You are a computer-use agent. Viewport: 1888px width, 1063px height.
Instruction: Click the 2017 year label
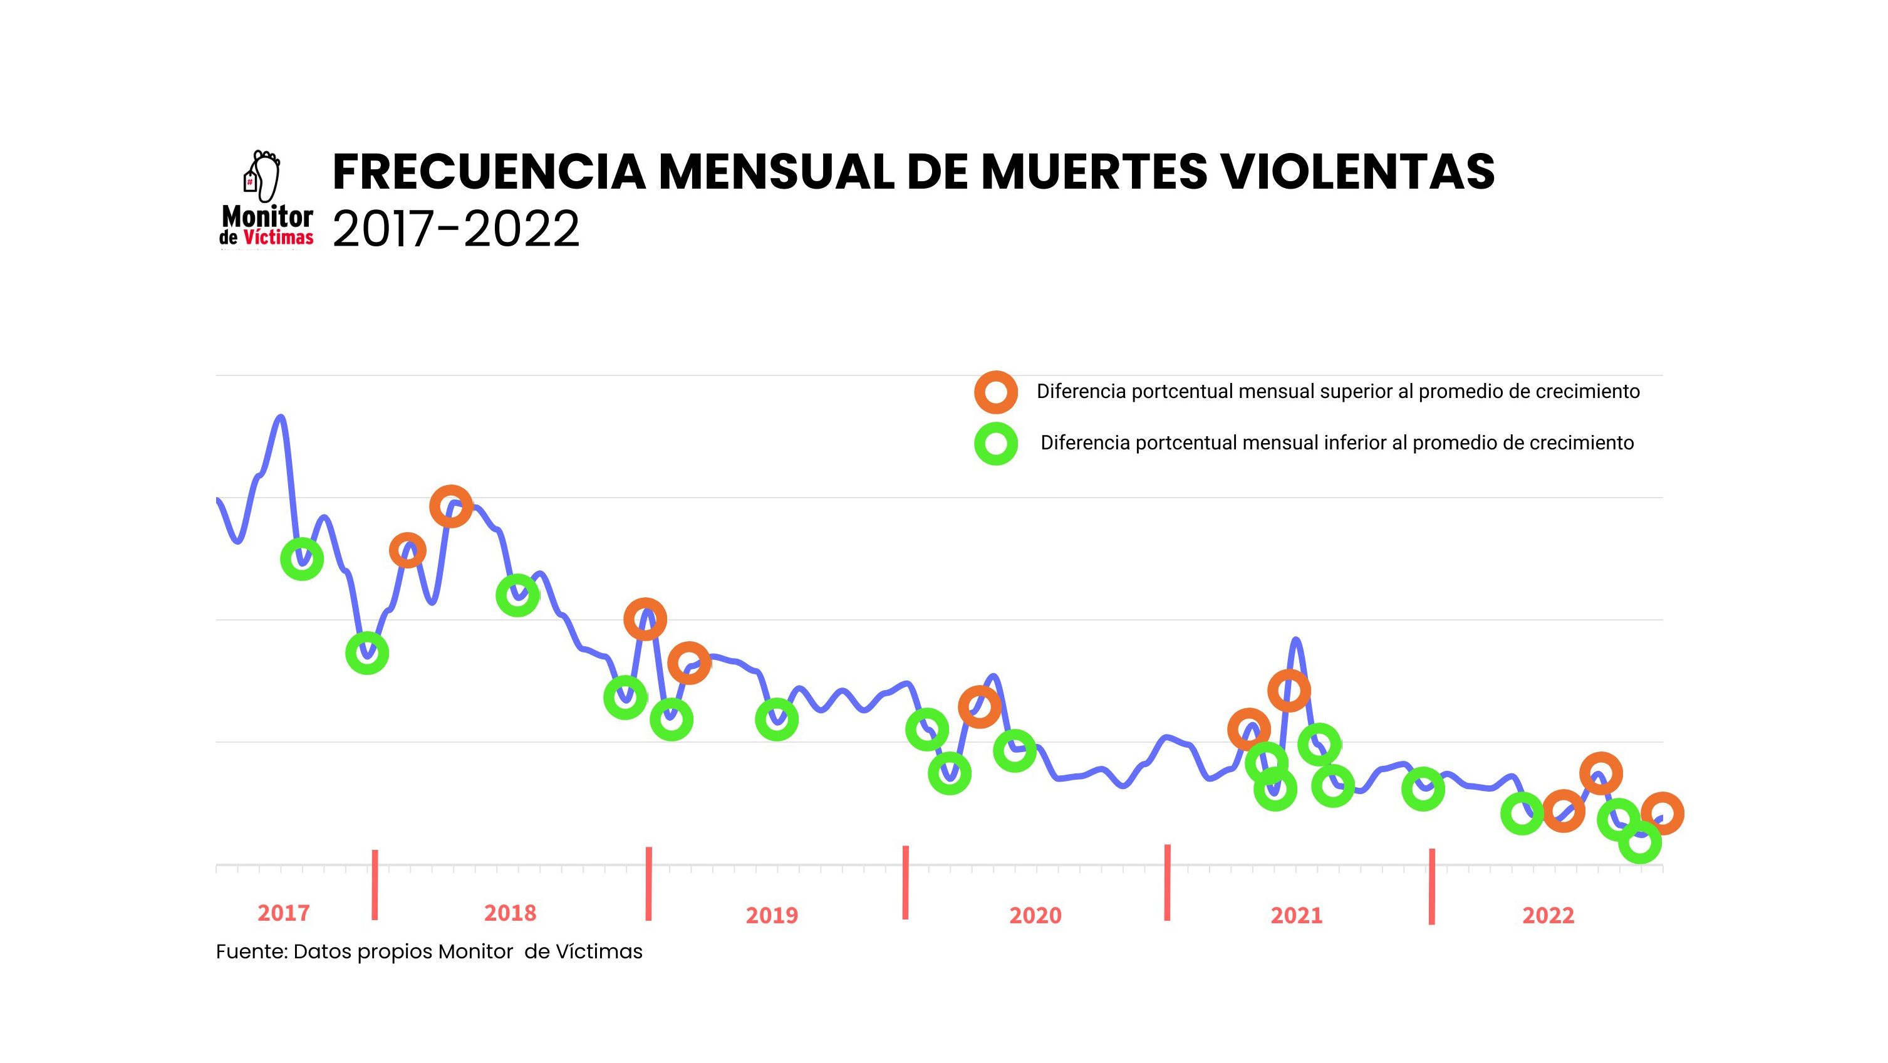[x=284, y=913]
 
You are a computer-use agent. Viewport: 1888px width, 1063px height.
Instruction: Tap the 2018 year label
[x=510, y=913]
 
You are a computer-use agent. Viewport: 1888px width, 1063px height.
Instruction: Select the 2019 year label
[x=772, y=915]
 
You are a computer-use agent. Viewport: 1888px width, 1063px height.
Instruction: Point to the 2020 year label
[x=1035, y=915]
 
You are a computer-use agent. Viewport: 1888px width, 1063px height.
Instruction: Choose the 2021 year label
[x=1297, y=915]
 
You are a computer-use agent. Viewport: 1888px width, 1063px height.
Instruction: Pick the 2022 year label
[x=1548, y=915]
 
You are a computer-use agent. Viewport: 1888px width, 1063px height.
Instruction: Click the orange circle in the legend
[x=995, y=392]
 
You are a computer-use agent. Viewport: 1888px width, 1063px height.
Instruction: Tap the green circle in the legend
[x=995, y=444]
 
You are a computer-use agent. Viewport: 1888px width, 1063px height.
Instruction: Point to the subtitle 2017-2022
[x=456, y=229]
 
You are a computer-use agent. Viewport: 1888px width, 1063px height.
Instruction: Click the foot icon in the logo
[x=266, y=176]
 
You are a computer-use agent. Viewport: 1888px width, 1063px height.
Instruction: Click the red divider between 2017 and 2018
[x=375, y=884]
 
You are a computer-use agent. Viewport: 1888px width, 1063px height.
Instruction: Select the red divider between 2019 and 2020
[x=906, y=882]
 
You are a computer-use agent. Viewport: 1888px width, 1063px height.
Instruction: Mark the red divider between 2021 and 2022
[x=1431, y=886]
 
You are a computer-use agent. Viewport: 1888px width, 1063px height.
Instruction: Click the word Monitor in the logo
[x=267, y=217]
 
